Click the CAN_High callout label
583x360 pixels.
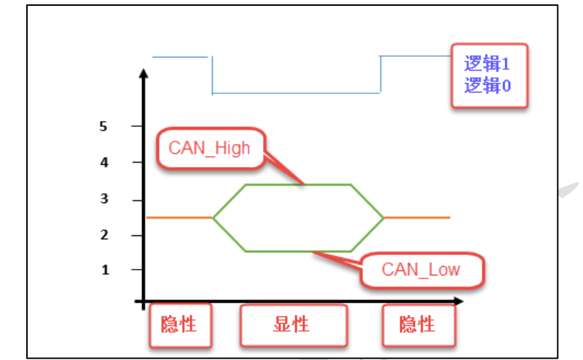click(x=209, y=149)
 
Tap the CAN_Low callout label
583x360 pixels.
click(x=420, y=270)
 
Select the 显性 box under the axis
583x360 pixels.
click(x=292, y=324)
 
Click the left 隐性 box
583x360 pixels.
click(x=179, y=324)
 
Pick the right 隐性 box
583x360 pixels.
click(x=418, y=324)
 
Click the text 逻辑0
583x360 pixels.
click(x=487, y=85)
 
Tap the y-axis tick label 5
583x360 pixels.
click(x=103, y=126)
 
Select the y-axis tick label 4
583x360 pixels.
click(x=104, y=163)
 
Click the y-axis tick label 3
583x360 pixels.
click(x=104, y=198)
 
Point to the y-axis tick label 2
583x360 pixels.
click(x=104, y=235)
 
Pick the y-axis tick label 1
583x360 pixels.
click(x=104, y=270)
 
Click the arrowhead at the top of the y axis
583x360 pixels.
click(x=144, y=74)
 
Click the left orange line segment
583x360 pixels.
click(x=179, y=217)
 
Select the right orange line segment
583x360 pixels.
click(x=417, y=217)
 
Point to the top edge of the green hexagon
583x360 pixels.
click(x=299, y=185)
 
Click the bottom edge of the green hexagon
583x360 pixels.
click(x=299, y=251)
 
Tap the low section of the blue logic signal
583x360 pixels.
click(x=296, y=93)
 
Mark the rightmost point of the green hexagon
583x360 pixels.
click(x=383, y=217)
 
